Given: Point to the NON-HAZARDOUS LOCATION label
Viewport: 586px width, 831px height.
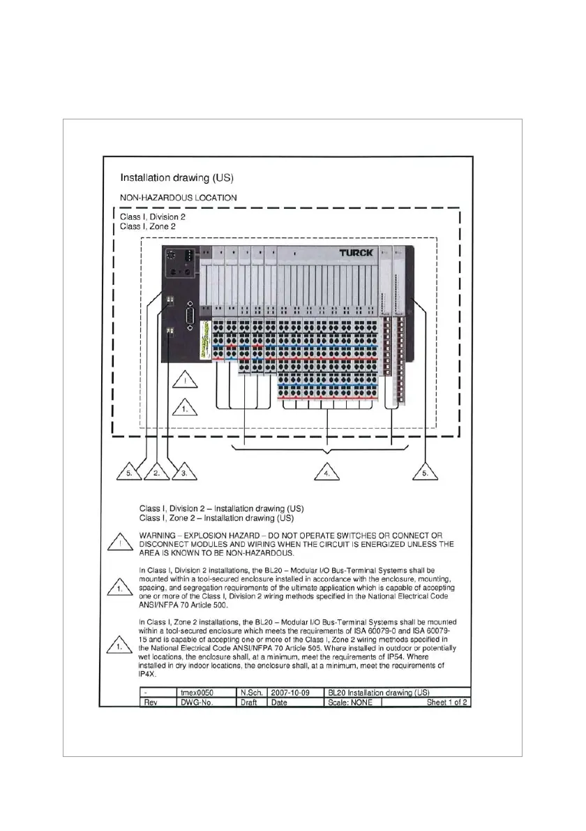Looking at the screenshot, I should point(179,198).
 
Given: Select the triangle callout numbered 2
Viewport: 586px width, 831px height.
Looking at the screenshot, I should point(158,472).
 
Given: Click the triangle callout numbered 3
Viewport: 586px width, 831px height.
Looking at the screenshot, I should point(184,472).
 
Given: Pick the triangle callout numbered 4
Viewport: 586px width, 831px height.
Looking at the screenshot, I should point(328,472).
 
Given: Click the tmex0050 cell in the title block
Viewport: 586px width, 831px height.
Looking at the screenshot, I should point(197,692).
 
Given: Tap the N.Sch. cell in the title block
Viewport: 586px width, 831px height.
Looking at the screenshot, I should point(250,692).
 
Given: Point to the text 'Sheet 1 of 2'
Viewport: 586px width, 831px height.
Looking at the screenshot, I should point(447,702).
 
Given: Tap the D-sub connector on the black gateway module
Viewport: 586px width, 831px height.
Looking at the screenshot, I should point(188,323).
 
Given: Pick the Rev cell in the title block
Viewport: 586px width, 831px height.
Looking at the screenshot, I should point(150,702).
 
